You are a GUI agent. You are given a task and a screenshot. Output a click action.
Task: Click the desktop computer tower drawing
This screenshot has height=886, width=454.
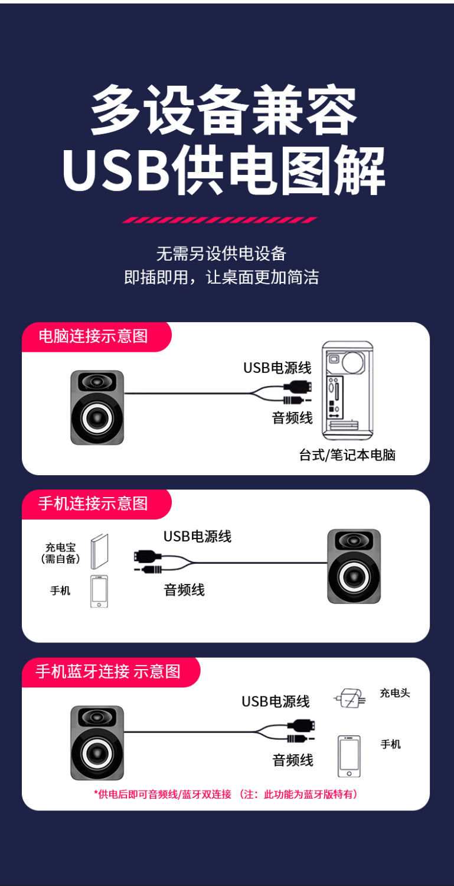coord(347,391)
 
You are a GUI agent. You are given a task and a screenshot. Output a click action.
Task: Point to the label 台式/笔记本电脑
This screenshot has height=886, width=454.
coord(347,455)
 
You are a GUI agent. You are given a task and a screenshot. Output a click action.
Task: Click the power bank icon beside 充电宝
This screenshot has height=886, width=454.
coord(99,551)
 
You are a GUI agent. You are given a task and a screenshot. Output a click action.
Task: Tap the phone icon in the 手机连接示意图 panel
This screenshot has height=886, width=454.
coord(99,591)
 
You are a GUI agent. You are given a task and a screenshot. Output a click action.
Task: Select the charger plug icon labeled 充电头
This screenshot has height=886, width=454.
coord(350,698)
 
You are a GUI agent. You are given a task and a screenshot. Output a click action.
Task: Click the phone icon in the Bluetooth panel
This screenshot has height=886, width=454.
coord(349,756)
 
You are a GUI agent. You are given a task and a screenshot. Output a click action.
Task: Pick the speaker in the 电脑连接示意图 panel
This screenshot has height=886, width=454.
coord(97,407)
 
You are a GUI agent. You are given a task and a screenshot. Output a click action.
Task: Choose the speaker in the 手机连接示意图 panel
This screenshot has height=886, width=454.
coord(354,566)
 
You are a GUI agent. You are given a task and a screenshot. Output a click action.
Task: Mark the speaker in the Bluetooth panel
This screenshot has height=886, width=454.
coord(97,742)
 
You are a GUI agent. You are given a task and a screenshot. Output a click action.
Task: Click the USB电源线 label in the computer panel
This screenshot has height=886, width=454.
coord(277,368)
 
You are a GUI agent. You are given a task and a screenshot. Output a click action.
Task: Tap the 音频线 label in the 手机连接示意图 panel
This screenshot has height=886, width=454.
coord(184,589)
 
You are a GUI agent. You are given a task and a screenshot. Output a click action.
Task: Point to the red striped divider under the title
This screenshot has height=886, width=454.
coord(220,220)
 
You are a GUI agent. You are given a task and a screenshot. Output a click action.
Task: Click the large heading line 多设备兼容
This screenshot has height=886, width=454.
coord(224,111)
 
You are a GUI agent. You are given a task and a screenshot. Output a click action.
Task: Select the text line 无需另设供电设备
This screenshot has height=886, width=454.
coord(221,254)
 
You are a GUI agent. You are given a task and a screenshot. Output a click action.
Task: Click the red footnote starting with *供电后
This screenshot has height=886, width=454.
coord(226,794)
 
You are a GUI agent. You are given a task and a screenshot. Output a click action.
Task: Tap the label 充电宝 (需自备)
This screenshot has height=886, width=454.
coord(60,553)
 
